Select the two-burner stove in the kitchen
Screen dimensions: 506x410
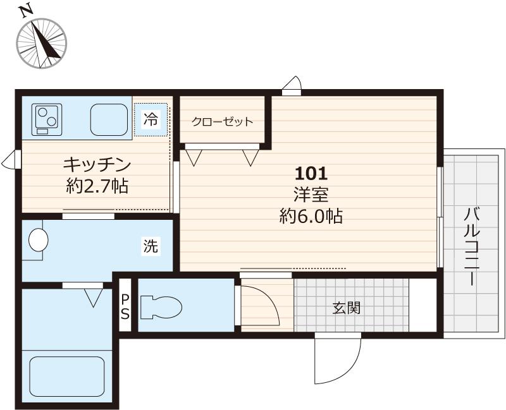[46, 119]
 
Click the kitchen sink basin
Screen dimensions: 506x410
[109, 119]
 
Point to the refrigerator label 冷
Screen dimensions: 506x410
[151, 119]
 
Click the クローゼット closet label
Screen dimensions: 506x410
[223, 122]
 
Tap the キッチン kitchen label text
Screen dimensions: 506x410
[97, 165]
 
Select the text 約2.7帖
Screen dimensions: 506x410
[97, 186]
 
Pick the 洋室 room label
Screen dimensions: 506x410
[311, 195]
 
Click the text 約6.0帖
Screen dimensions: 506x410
[311, 216]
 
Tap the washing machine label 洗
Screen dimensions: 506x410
[151, 246]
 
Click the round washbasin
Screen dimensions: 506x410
[39, 240]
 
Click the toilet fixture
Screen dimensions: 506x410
[161, 307]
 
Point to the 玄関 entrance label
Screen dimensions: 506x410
[347, 308]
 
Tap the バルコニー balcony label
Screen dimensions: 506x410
[472, 246]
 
